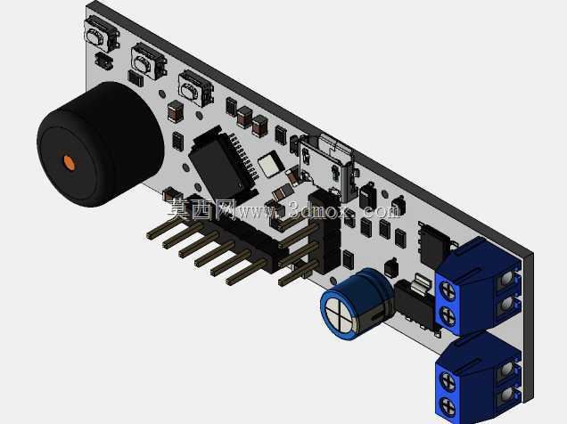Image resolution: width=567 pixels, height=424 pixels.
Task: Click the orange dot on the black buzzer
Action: pos(70,162)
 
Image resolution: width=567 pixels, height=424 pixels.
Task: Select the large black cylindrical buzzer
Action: pos(101,144)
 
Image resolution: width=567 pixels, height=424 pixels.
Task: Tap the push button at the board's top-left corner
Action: pos(102,35)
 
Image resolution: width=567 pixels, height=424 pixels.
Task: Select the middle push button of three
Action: pos(149,61)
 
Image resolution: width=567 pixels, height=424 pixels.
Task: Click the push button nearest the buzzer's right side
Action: pos(195,88)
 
